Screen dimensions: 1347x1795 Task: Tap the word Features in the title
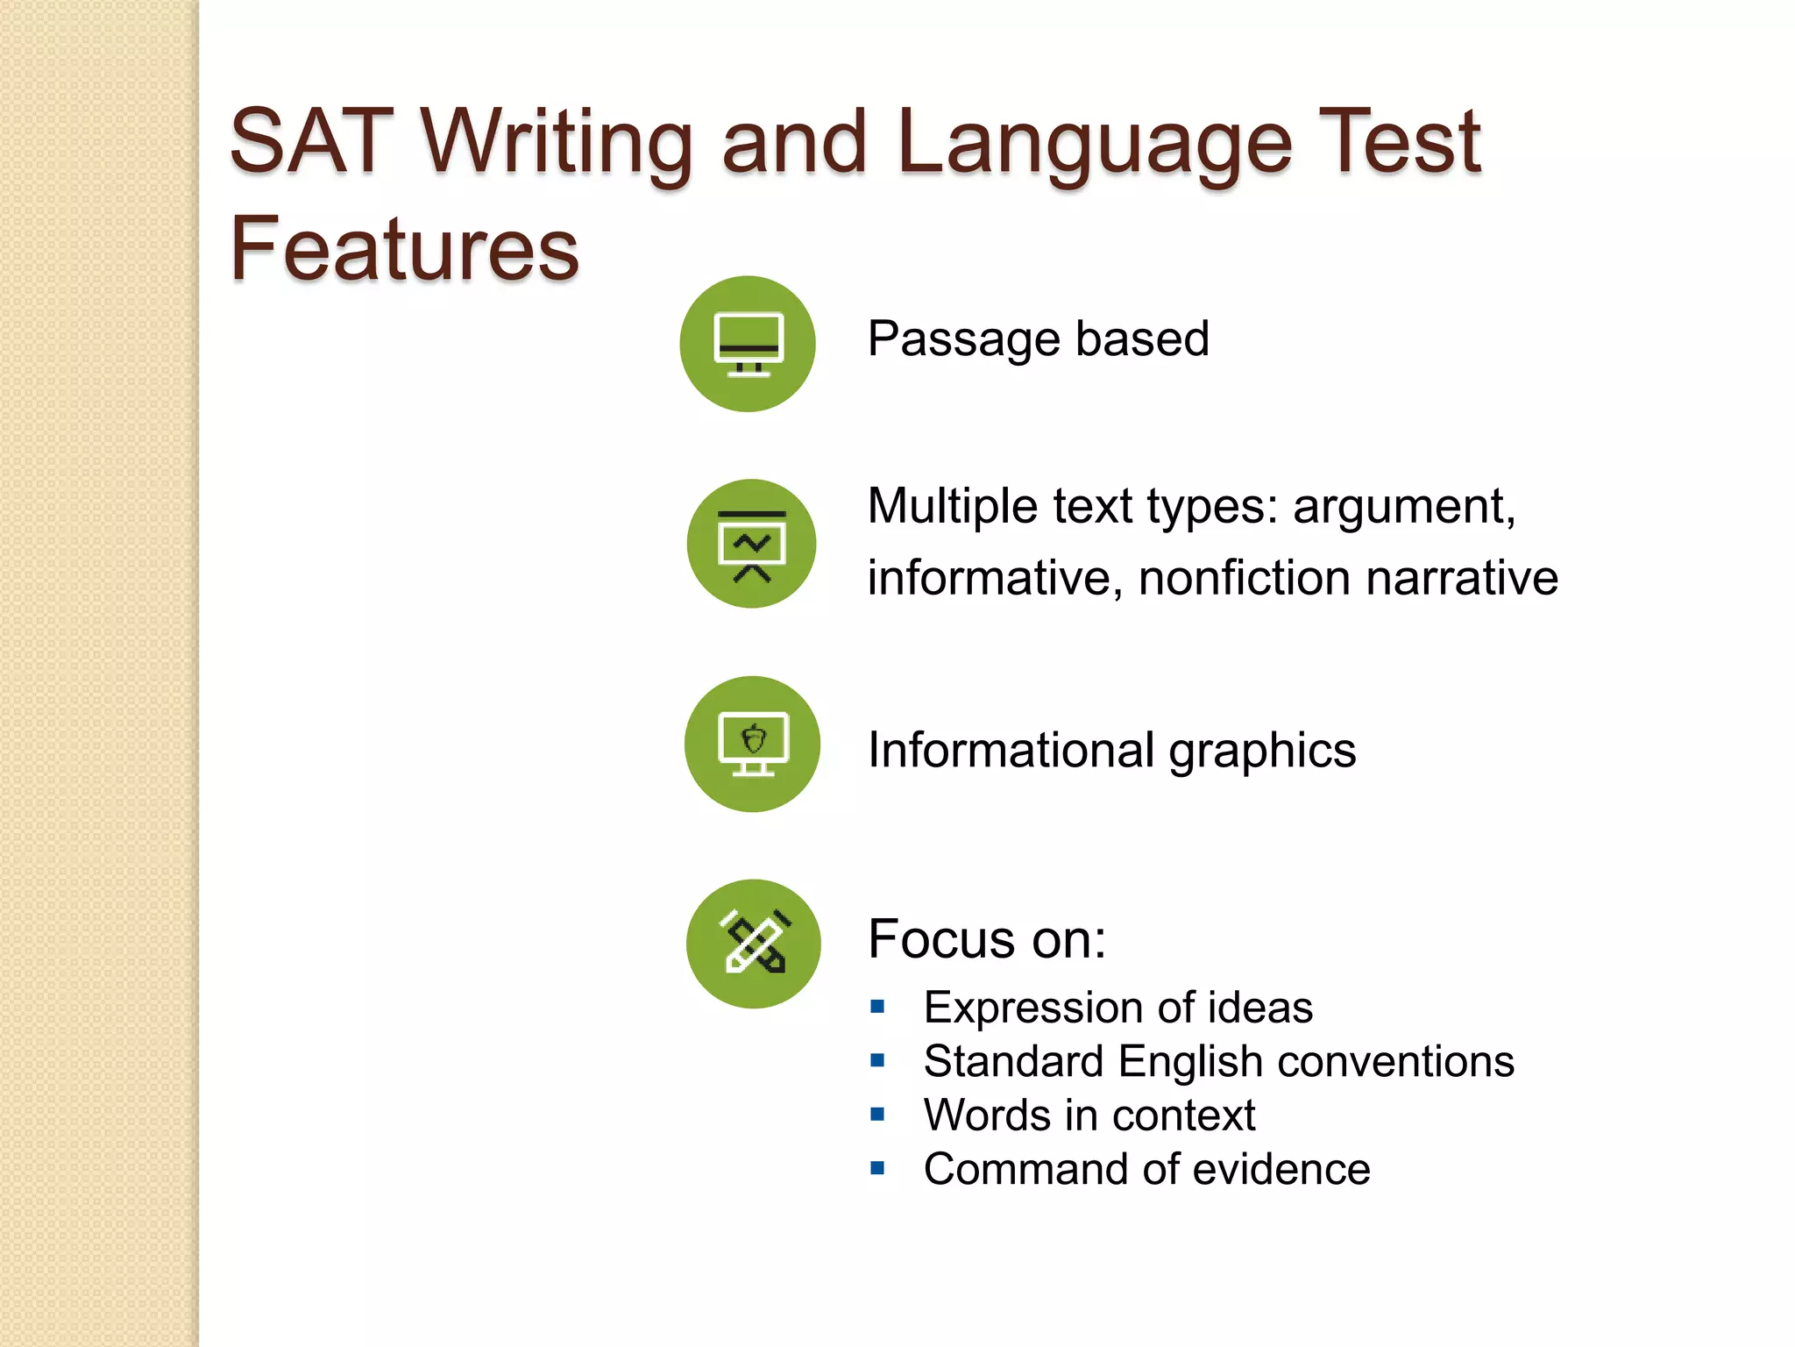(x=404, y=250)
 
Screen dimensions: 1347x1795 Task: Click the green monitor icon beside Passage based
(x=748, y=344)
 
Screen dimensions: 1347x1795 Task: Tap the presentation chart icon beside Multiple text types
(x=751, y=544)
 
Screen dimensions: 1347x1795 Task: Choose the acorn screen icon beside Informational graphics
(x=752, y=744)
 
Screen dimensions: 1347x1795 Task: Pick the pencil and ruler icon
(x=754, y=944)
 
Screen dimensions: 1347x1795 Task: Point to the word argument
(x=1403, y=507)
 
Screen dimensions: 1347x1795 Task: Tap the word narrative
(x=1461, y=579)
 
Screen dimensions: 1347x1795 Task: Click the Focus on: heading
(x=987, y=939)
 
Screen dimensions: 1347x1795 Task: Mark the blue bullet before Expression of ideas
(x=877, y=1007)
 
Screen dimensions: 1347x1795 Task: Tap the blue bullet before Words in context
(x=877, y=1115)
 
